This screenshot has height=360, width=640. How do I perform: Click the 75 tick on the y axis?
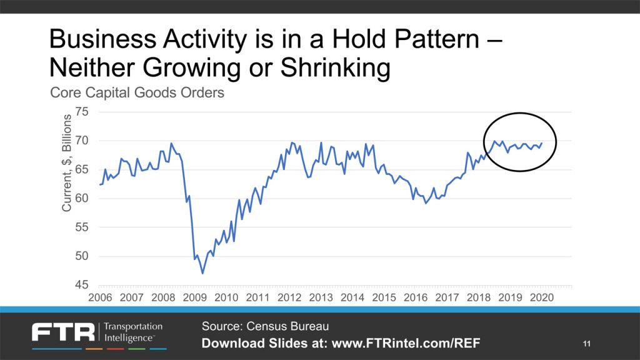tap(82, 112)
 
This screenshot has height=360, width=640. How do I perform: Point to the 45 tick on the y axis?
tap(82, 285)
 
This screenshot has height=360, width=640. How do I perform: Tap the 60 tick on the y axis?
tap(82, 199)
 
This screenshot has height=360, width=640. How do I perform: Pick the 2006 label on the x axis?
tap(100, 297)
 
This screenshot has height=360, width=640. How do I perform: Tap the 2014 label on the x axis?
tap(352, 297)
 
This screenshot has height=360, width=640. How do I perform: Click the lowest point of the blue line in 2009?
tap(202, 273)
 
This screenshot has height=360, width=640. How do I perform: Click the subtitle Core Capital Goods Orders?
tap(137, 94)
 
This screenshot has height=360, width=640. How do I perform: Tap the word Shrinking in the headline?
tap(326, 68)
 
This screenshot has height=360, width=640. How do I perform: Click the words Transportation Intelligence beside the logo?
tap(132, 332)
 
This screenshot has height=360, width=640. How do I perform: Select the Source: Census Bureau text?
tap(264, 326)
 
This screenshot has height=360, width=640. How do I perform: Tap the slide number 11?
tap(586, 343)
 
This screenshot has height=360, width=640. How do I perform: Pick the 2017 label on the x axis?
tap(447, 297)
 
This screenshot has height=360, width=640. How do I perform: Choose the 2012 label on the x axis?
tap(289, 297)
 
